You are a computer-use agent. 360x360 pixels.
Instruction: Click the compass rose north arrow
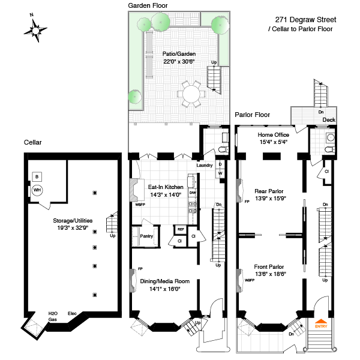coord(37,28)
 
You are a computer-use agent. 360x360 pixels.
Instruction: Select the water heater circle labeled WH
coord(37,191)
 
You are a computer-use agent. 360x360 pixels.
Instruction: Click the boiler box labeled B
coord(37,177)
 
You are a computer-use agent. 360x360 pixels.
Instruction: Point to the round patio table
coord(191,94)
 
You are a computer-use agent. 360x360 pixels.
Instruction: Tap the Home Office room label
coord(273,135)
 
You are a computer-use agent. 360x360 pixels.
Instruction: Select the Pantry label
coord(146,236)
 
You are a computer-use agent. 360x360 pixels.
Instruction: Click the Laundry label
coord(205,166)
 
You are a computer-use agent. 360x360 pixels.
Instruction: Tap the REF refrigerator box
coord(180,229)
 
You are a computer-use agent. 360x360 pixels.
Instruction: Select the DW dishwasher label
coord(192,193)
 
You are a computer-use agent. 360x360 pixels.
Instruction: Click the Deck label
coord(329,120)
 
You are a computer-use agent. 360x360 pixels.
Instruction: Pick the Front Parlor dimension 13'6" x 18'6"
coord(269,274)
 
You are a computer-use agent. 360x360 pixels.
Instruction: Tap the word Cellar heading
coord(33,142)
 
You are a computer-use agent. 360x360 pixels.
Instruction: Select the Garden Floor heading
coord(148,5)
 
